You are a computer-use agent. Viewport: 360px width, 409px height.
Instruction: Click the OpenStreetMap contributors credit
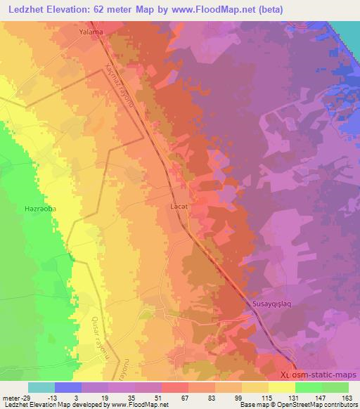316,405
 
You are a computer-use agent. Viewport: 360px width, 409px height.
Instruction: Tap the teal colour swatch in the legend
41,387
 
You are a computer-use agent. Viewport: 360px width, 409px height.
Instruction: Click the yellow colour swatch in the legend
282,387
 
